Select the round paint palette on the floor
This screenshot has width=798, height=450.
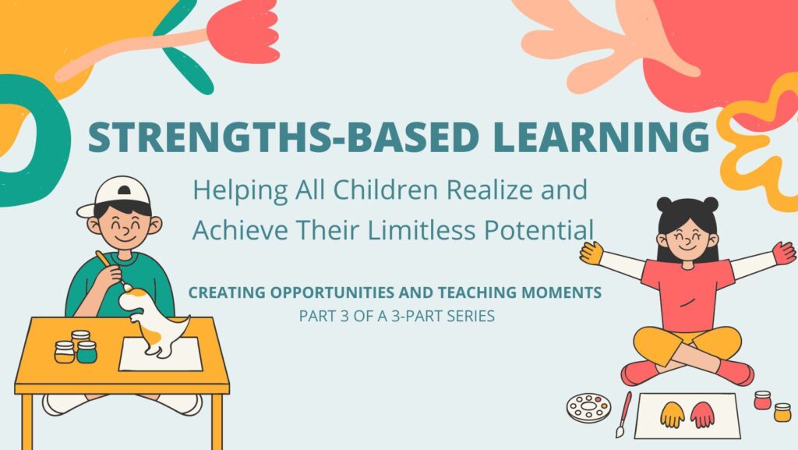(x=588, y=407)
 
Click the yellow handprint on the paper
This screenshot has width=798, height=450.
(x=673, y=413)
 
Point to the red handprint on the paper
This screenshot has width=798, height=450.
(x=703, y=413)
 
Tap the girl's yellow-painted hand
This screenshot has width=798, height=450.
(x=591, y=251)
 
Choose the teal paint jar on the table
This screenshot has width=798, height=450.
(x=87, y=352)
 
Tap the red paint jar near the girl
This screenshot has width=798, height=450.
(x=762, y=400)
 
